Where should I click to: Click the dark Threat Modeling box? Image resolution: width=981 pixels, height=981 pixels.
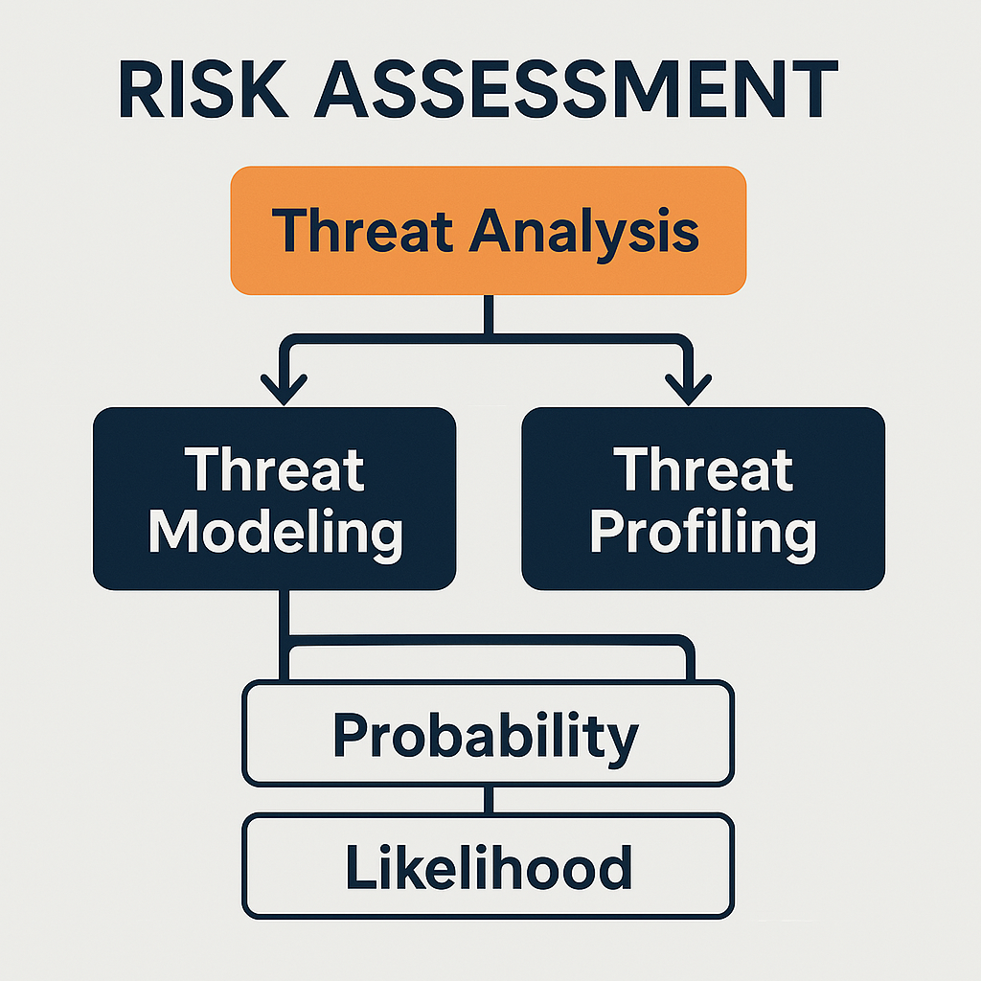274,498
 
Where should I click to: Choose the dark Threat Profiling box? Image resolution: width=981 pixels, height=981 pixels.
702,498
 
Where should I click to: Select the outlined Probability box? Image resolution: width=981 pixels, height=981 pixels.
488,734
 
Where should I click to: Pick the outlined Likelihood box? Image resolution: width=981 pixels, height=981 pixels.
488,866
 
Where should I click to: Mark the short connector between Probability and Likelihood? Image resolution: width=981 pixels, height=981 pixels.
488,801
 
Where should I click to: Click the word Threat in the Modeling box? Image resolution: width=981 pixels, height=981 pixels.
275,469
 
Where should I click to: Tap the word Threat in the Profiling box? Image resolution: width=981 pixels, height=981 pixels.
702,469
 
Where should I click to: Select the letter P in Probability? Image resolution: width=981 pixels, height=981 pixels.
351,735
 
